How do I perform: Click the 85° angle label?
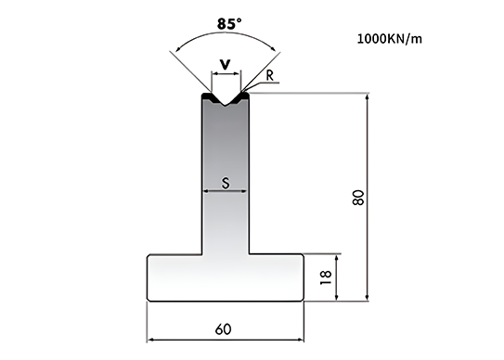(x=229, y=24)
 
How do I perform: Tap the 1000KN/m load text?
(x=390, y=39)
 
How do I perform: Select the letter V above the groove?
(x=226, y=65)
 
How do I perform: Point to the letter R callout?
(x=270, y=75)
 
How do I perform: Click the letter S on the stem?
(x=226, y=183)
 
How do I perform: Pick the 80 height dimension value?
(x=358, y=198)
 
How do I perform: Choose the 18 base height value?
(x=326, y=277)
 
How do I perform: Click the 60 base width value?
(x=223, y=329)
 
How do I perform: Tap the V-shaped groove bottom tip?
(x=226, y=106)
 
